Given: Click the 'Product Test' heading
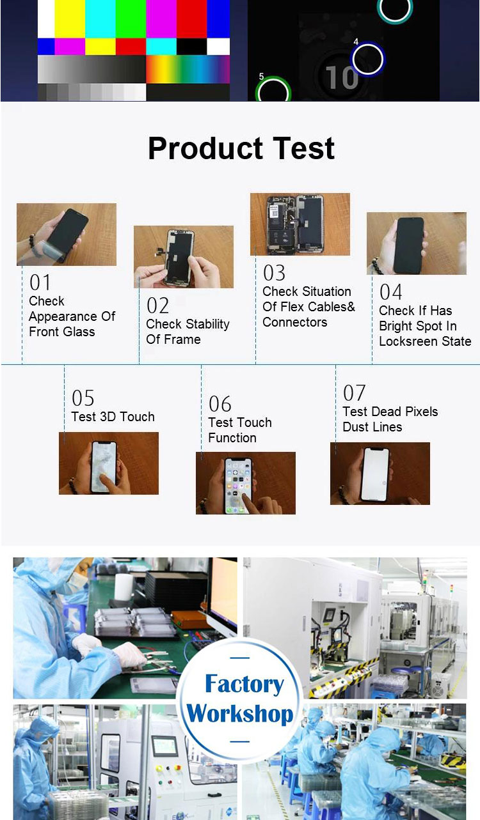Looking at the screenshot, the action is click(x=241, y=149).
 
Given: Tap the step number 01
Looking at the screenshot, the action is click(x=40, y=282).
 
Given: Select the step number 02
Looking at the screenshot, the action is click(x=157, y=306).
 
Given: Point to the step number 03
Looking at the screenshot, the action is click(x=274, y=273).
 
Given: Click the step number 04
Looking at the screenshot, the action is click(x=391, y=292).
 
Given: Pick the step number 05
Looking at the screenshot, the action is click(x=83, y=398).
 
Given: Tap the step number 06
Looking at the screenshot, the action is click(x=220, y=404).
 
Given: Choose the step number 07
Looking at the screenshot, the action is click(x=354, y=393).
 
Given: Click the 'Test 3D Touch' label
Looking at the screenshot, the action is click(x=113, y=417).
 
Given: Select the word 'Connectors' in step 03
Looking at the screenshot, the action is click(x=295, y=322).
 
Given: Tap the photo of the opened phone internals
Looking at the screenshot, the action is click(x=300, y=224).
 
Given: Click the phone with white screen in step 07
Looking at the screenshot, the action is click(x=375, y=474).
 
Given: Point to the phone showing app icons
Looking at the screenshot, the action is click(x=239, y=485).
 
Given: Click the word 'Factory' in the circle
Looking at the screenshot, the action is click(x=244, y=685).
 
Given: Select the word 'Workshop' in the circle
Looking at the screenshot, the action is click(x=240, y=714).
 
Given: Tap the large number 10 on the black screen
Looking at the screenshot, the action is click(x=342, y=77).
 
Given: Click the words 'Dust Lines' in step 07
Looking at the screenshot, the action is click(x=372, y=427).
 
